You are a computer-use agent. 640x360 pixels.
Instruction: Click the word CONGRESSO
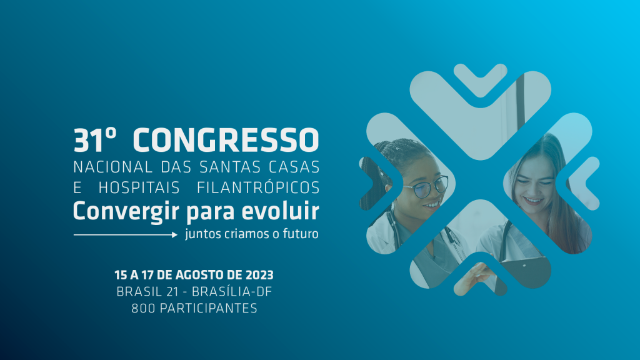[x=226, y=140]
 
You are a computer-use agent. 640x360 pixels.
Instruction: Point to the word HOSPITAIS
[x=139, y=187]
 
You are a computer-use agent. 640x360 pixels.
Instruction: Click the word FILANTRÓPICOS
[x=258, y=187]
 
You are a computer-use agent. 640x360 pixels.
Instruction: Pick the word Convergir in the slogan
[x=126, y=212]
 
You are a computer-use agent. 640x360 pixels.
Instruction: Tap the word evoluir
[x=281, y=211]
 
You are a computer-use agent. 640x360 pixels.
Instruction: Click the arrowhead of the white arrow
[x=175, y=235]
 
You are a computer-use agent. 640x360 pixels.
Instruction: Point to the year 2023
[x=259, y=275]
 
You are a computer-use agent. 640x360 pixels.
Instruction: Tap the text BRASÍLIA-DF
[x=232, y=291]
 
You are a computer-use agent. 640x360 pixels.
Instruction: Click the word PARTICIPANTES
[x=209, y=308]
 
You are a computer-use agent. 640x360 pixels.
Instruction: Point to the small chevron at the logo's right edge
[x=584, y=183]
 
